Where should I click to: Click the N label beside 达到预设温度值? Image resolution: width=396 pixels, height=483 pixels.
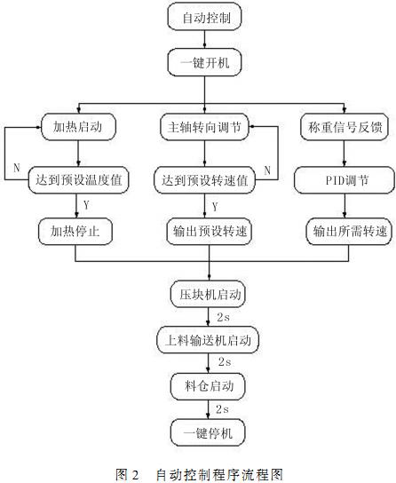click(16, 165)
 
